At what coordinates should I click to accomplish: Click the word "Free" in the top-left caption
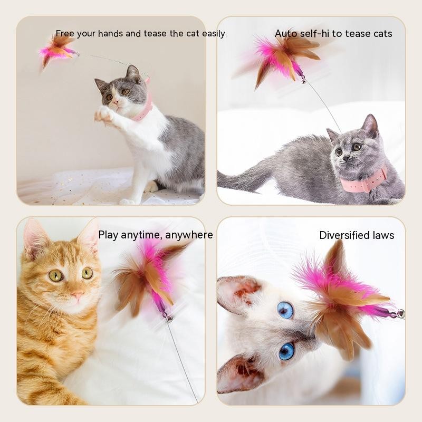point(65,34)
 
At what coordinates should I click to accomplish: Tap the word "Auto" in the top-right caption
point(286,34)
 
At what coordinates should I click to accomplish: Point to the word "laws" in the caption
point(383,235)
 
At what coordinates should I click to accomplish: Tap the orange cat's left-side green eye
point(55,275)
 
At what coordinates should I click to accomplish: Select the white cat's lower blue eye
point(286,351)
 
